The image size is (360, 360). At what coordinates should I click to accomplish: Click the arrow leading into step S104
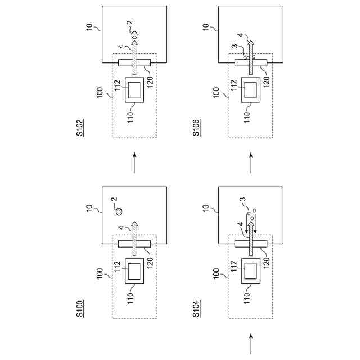point(251,343)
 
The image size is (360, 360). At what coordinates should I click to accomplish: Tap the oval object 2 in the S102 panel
point(134,36)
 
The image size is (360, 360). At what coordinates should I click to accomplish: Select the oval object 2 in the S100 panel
point(119,212)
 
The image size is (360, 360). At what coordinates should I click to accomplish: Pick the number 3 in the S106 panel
point(233,48)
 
